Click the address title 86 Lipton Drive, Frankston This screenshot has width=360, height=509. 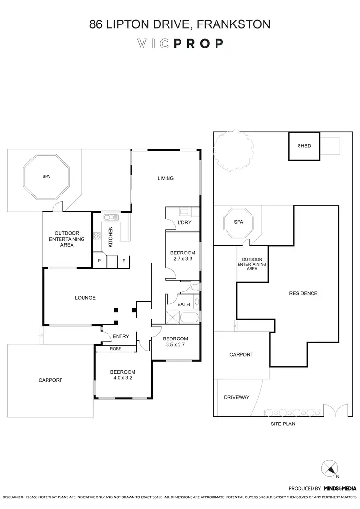[x=180, y=24]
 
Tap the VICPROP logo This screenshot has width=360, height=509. [x=180, y=44]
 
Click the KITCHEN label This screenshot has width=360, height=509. [x=110, y=237]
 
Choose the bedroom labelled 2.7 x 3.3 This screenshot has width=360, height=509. [x=183, y=256]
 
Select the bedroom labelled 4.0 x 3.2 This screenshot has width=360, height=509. [x=123, y=375]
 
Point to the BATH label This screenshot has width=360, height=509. [x=183, y=304]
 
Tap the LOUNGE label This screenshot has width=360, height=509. [x=85, y=298]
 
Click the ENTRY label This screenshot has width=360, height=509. [x=120, y=336]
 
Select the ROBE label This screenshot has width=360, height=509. [x=115, y=349]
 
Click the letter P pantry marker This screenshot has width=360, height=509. [x=99, y=260]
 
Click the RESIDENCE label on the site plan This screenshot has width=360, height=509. [x=303, y=293]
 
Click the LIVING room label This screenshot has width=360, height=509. [x=166, y=178]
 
